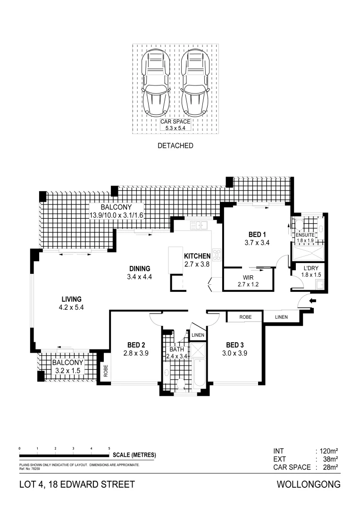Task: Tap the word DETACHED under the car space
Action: [175, 145]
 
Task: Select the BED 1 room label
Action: [258, 235]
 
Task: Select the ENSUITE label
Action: [305, 235]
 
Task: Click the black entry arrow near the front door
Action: [312, 300]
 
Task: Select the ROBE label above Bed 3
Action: [245, 317]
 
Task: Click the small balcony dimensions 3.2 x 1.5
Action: [67, 371]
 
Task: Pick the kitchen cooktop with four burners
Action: [217, 255]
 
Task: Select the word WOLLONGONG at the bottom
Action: [308, 484]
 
